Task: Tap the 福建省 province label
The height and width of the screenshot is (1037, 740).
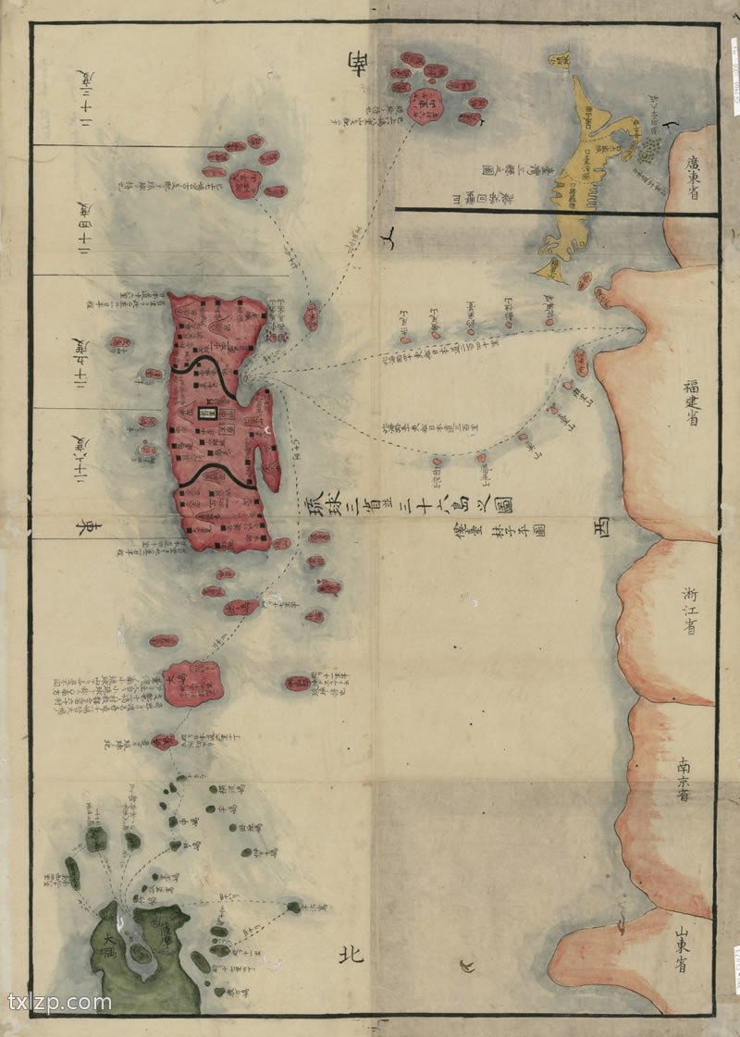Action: tap(691, 398)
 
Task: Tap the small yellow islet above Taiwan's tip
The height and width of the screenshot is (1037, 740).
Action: tap(560, 59)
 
